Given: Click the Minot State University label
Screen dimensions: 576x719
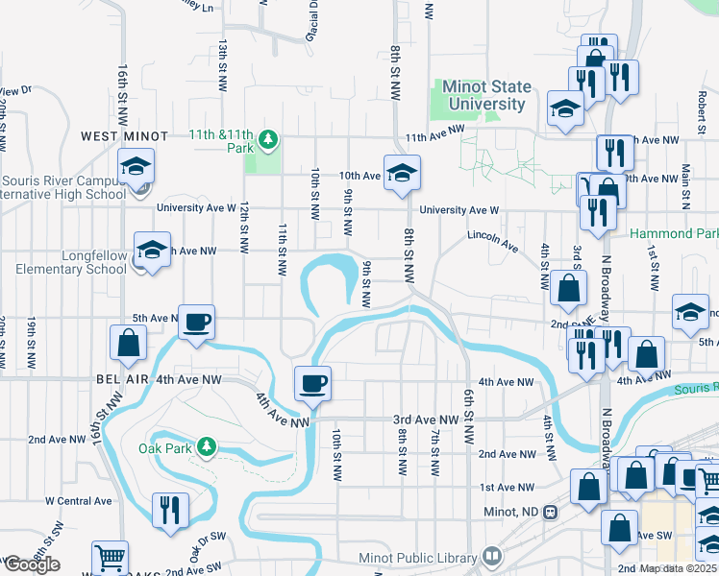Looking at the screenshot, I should (x=485, y=96).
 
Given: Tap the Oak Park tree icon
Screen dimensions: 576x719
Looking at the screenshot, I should (x=206, y=446).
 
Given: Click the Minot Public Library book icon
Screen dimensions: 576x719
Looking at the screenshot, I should (x=492, y=557).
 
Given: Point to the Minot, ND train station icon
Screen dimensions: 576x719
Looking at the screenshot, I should (x=550, y=512).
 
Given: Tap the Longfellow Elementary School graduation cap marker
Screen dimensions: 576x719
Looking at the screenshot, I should (x=149, y=251).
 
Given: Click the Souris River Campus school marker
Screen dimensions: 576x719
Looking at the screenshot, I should (x=136, y=166).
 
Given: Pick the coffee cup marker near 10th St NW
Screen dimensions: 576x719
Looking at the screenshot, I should (x=312, y=384).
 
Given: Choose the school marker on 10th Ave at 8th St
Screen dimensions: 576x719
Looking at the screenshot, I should (x=401, y=173).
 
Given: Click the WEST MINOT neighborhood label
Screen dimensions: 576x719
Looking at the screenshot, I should (x=124, y=137).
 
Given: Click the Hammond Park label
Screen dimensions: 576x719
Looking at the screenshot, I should (x=674, y=234).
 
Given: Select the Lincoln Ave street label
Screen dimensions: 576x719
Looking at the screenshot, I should (x=493, y=240).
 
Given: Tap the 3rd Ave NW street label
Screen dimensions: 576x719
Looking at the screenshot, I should (x=426, y=420).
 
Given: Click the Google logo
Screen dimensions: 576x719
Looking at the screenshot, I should (x=31, y=564).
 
